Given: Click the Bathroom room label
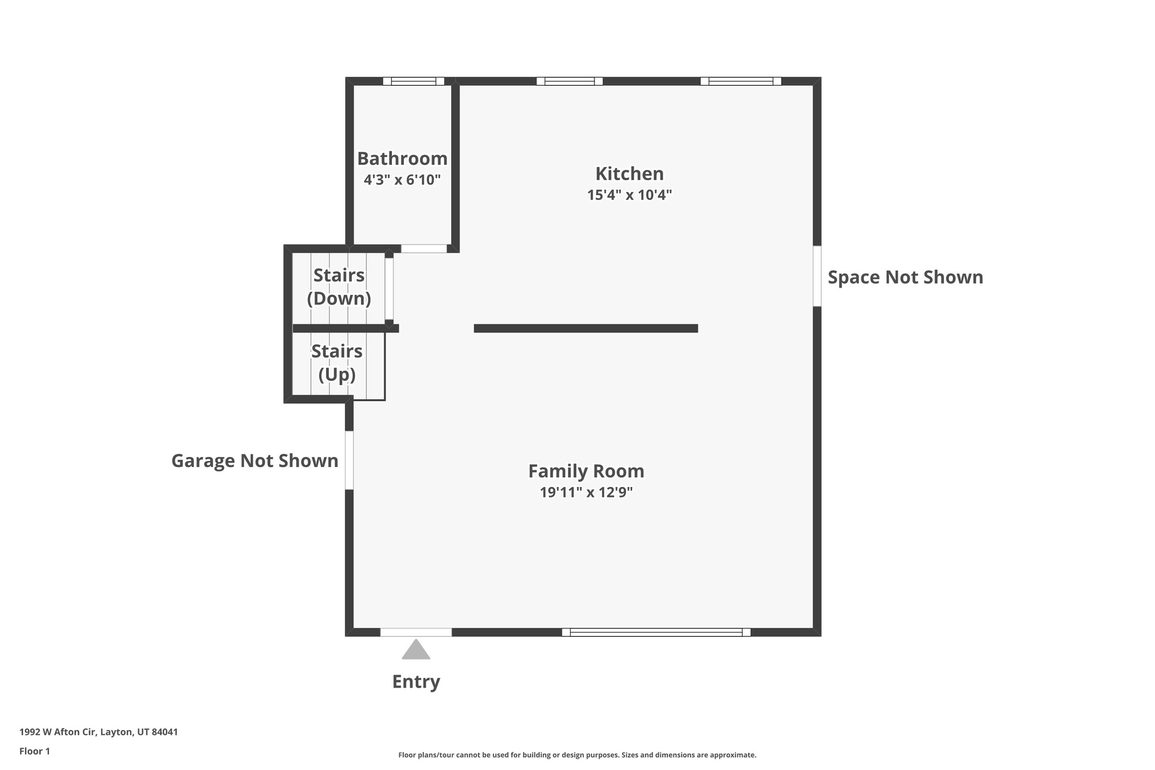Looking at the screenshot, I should [402, 159].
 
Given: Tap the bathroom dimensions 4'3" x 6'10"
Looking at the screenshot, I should [402, 180].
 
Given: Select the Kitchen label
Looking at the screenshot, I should [629, 173].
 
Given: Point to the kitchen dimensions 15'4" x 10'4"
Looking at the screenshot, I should [629, 195].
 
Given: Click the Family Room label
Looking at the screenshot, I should [586, 471].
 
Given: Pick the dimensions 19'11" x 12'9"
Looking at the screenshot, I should [586, 492].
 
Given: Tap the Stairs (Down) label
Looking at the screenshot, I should [339, 287].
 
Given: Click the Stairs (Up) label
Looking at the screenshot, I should [337, 363].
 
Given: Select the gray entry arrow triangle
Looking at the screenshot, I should [416, 650].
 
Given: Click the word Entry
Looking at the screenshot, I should [416, 681].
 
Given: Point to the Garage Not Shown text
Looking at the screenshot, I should [254, 461].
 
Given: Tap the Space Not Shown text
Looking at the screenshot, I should [905, 278].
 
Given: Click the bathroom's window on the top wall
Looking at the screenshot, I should [413, 81].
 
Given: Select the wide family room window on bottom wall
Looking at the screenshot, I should [656, 632].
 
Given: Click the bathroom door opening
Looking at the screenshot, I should [424, 249].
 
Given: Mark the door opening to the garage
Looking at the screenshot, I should [349, 460].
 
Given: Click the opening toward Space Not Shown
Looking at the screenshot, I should [817, 276].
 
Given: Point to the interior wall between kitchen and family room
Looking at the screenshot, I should [585, 328].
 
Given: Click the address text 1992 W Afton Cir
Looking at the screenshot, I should [99, 732].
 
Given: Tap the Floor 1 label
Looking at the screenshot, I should [34, 751].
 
